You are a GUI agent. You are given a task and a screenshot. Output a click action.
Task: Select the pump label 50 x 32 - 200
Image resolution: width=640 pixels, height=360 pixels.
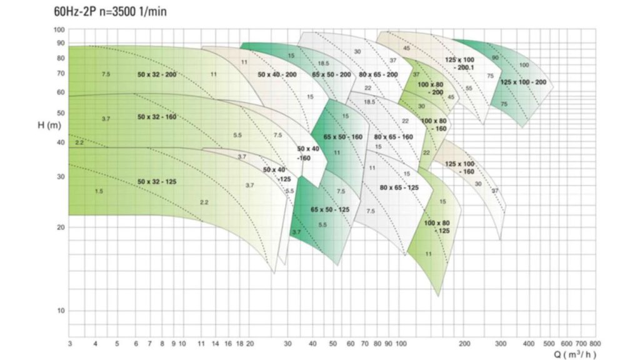pos(157,74)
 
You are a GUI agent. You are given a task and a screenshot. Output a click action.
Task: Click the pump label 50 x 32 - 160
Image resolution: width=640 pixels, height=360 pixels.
pos(157,117)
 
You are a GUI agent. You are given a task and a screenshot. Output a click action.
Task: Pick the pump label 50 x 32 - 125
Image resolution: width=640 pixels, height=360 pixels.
pos(157,182)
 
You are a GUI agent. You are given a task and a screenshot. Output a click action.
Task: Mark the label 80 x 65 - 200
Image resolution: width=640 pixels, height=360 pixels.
pos(379,74)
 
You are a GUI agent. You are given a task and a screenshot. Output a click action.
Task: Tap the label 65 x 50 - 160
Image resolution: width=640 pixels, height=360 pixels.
pos(343,137)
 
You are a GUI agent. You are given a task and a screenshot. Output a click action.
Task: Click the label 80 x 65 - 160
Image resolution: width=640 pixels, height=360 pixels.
pos(394,137)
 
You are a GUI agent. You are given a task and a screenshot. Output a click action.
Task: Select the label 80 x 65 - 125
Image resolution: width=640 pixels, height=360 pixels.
pos(399,187)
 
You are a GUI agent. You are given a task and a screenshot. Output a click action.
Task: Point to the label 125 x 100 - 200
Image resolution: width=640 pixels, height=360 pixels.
pos(523,82)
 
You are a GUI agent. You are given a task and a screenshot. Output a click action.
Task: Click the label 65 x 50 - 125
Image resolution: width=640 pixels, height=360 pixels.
pos(330,209)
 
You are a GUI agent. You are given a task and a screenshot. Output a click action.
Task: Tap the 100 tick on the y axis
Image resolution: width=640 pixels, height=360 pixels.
pos(60,30)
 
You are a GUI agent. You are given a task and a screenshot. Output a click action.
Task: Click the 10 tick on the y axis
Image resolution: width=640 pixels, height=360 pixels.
pos(61,311)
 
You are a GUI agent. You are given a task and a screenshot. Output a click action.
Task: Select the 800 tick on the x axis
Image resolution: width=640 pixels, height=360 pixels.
pos(594,344)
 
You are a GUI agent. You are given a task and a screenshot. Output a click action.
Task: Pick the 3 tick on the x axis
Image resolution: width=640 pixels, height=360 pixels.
pos(69,344)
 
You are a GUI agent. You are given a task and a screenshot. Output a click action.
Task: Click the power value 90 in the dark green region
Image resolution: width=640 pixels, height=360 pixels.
pos(495,57)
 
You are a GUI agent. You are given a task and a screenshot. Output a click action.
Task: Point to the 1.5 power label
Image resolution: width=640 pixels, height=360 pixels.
pos(99,191)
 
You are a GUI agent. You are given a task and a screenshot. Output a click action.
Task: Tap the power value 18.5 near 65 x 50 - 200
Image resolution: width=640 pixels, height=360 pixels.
pos(323,64)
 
